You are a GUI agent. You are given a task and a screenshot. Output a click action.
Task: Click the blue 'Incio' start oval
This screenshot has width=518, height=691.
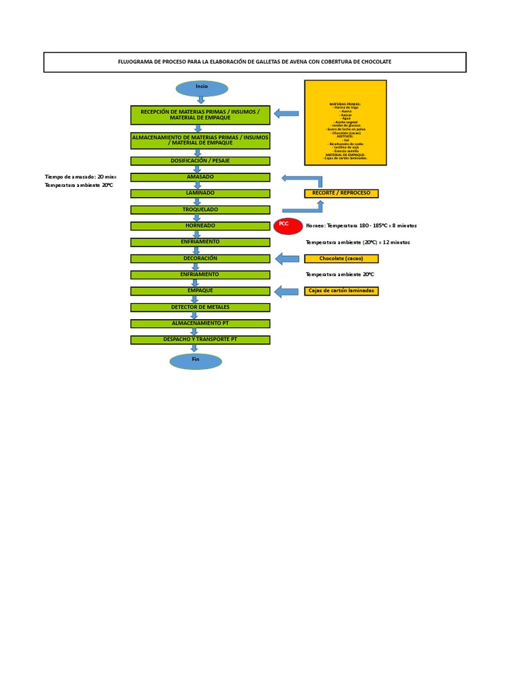(202, 88)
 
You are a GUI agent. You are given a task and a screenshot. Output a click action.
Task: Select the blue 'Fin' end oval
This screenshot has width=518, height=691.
(196, 361)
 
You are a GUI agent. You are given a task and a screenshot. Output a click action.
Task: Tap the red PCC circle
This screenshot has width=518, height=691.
(288, 226)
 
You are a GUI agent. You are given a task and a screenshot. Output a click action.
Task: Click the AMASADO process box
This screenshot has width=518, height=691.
(200, 177)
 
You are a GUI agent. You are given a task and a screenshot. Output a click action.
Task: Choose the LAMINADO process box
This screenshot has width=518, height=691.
(200, 193)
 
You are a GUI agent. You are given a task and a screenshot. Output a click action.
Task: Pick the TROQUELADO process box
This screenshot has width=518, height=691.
(200, 209)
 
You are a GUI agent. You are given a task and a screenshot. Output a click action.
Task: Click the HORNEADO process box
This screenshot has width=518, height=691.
(200, 225)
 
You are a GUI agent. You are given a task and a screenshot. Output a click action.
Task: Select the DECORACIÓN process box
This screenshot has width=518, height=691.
(200, 258)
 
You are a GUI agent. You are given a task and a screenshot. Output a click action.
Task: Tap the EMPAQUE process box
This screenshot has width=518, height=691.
(200, 291)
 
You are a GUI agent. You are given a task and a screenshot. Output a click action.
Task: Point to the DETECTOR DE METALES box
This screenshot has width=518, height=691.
(200, 307)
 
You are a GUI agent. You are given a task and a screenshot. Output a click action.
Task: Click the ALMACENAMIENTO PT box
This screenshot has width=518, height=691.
(200, 323)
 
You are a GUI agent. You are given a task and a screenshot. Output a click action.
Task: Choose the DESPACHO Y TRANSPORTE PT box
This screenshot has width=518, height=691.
(200, 339)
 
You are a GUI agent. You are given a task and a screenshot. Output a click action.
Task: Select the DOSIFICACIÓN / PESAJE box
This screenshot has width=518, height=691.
(200, 161)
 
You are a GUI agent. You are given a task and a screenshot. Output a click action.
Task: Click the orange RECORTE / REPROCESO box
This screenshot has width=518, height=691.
(341, 193)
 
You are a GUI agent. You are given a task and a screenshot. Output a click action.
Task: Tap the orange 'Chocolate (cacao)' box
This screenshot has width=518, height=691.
(341, 258)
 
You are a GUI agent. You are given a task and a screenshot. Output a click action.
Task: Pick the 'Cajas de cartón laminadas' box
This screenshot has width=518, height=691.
(341, 291)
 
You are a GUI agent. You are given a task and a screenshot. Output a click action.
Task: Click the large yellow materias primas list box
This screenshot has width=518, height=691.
(345, 122)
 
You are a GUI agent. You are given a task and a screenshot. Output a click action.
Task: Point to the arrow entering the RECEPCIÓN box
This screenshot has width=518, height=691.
(287, 113)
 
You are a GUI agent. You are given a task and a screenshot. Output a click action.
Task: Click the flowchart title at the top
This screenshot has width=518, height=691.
(255, 62)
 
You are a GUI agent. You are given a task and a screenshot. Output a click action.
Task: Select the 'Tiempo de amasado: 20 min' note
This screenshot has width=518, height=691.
(80, 177)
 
